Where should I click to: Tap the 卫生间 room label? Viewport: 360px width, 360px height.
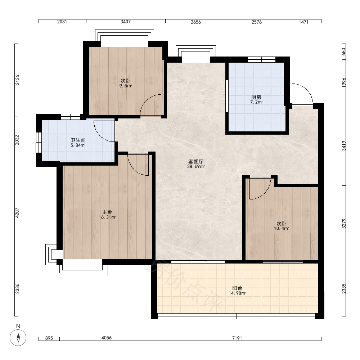78,140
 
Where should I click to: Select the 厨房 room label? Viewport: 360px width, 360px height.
256,97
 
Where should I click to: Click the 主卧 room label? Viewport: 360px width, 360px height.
107,212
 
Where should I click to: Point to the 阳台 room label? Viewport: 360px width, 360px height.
237,288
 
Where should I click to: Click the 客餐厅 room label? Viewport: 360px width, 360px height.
195,162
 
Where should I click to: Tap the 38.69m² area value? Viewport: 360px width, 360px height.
196,167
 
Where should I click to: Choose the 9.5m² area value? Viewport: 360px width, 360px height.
126,86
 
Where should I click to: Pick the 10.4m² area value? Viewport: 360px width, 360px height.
281,229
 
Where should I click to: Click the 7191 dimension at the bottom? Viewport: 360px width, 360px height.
237,338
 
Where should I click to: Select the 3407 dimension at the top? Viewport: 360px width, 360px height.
126,22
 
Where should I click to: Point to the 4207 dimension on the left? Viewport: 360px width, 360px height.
17,213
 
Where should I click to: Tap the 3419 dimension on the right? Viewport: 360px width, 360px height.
344,146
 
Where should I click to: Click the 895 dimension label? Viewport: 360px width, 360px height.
49,338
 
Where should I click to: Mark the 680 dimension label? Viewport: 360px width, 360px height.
344,51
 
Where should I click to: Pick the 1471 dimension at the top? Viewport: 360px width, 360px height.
303,22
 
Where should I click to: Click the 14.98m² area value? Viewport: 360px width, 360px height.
237,293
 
